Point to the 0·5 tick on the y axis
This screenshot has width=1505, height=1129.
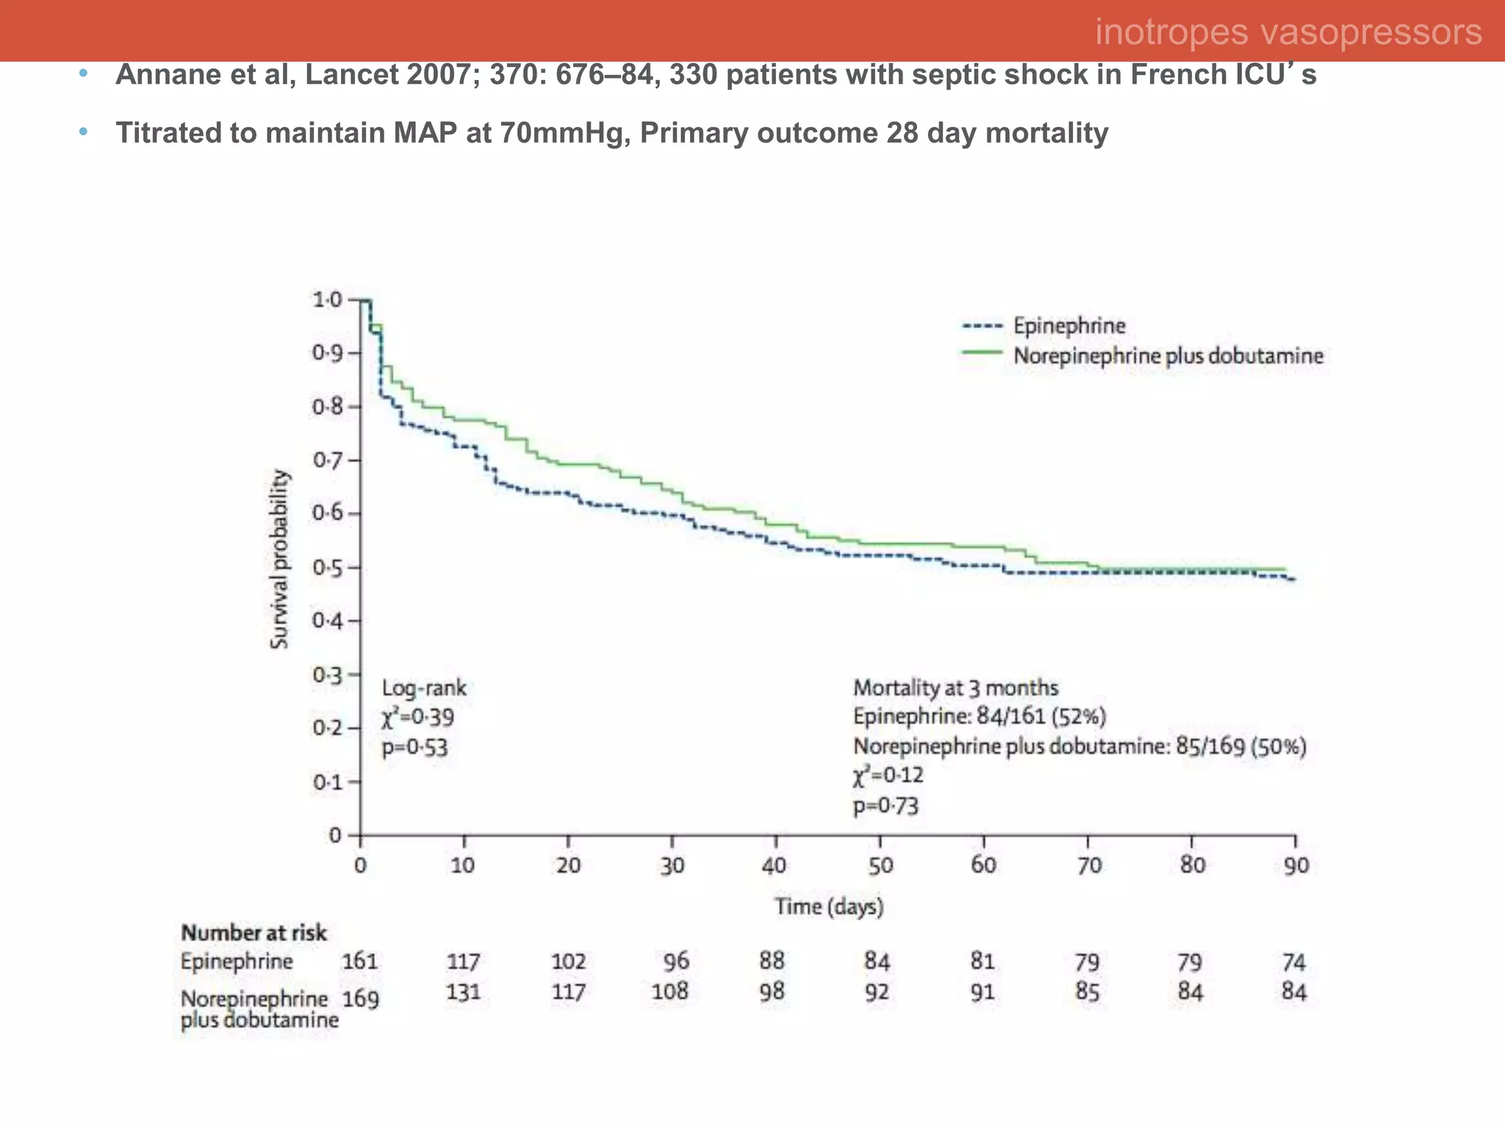[x=328, y=567]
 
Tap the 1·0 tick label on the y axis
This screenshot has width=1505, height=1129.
[x=327, y=300]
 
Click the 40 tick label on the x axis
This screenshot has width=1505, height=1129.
[x=775, y=866]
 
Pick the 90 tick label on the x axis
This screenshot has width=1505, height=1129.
[x=1296, y=866]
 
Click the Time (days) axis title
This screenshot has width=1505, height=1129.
[x=829, y=906]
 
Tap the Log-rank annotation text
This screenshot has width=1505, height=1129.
[x=424, y=688]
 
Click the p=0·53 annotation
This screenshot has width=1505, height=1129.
[x=414, y=748]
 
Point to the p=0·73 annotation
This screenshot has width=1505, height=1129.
[x=886, y=806]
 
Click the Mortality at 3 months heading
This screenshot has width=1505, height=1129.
[x=955, y=688]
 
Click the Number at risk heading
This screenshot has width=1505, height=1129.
[x=254, y=933]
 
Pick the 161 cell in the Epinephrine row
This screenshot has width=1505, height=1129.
[x=360, y=961]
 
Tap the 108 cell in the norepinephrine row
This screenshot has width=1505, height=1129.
[x=670, y=992]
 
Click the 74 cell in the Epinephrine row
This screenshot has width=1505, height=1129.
[x=1294, y=962]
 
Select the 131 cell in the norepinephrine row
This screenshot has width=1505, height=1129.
[x=464, y=992]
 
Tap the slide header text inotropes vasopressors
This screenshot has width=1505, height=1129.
[x=1287, y=32]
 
